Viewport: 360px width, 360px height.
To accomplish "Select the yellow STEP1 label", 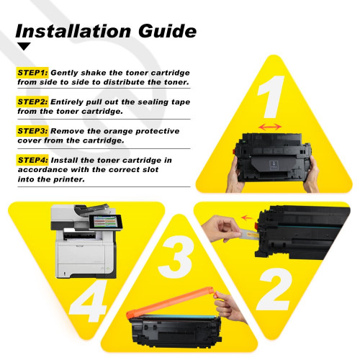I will click(x=32, y=73).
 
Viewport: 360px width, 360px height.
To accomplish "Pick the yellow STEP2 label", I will click(x=32, y=102).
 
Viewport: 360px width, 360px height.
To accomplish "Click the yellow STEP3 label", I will click(x=32, y=130).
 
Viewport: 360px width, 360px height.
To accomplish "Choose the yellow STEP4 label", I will click(x=32, y=159).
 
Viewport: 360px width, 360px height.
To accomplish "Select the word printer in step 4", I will click(x=58, y=180).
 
